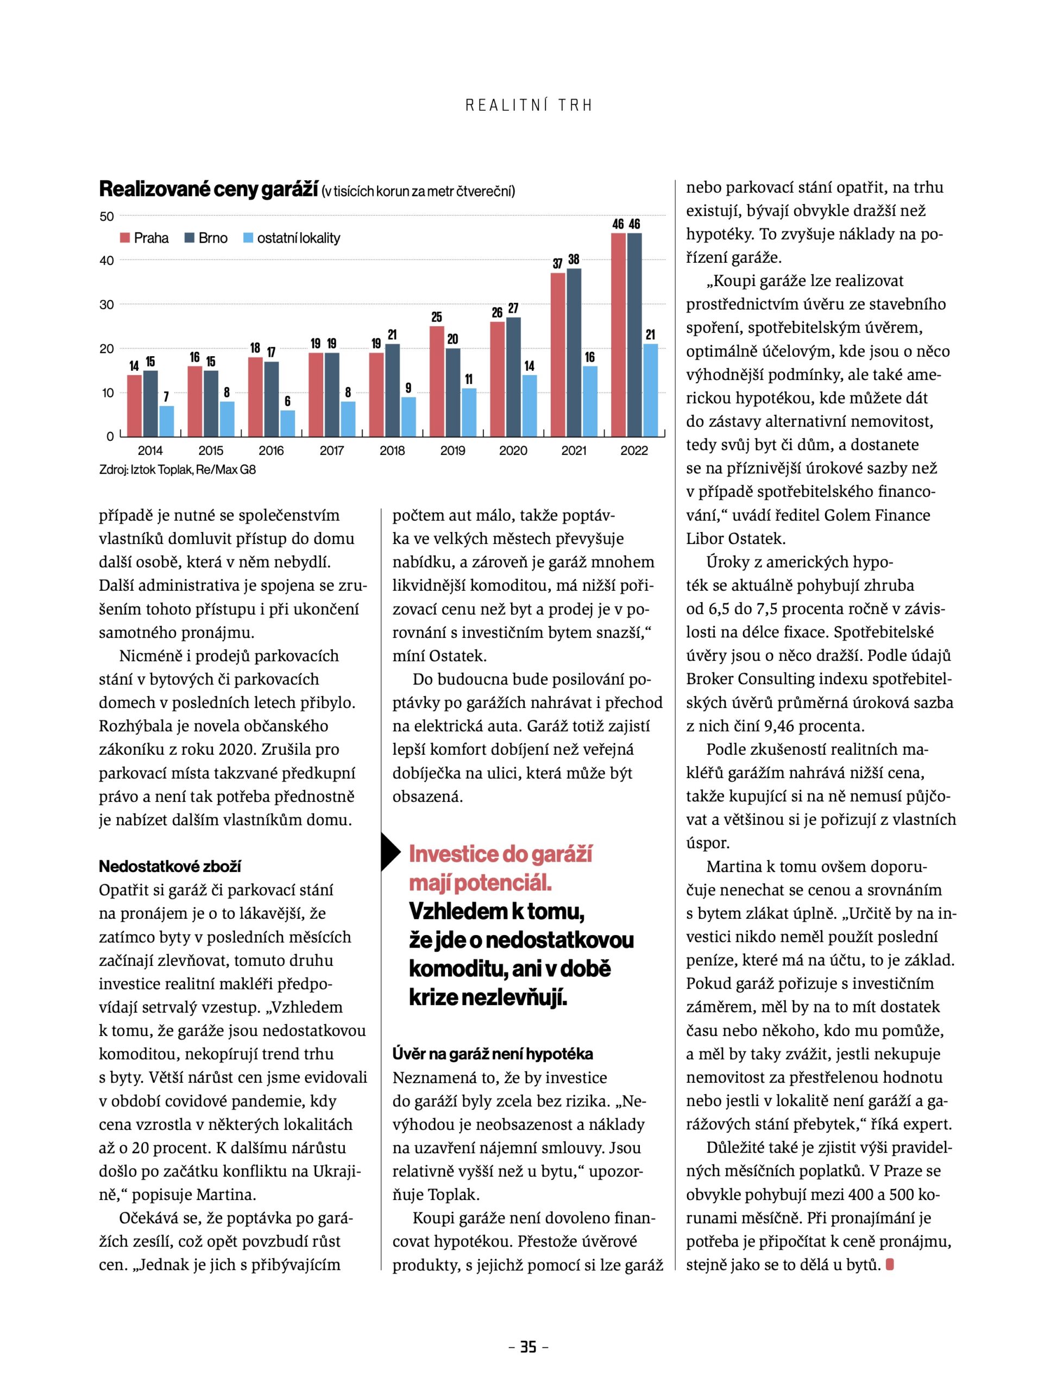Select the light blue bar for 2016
(x=287, y=424)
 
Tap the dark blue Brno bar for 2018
(x=393, y=390)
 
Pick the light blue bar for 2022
(x=651, y=390)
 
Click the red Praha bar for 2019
(x=437, y=381)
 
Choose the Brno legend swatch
(x=190, y=238)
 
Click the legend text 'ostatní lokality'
(x=298, y=238)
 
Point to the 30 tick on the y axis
(x=107, y=305)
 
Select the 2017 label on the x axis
(x=331, y=450)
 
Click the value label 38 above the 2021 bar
(x=574, y=259)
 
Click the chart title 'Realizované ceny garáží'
(x=208, y=189)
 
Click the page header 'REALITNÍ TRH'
(x=529, y=106)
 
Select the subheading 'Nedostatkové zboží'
(x=170, y=866)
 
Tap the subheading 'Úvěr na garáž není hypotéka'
(x=493, y=1053)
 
